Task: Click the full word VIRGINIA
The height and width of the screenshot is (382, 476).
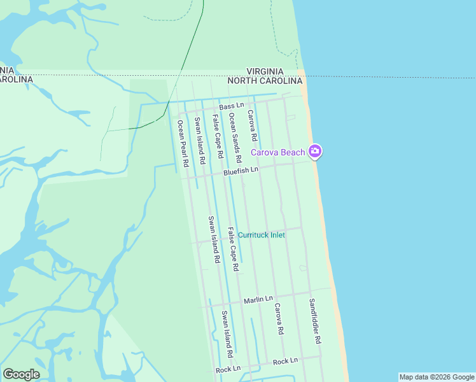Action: point(265,72)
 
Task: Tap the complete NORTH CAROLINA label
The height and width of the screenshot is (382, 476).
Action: point(265,81)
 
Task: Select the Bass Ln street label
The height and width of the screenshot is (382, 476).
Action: point(232,106)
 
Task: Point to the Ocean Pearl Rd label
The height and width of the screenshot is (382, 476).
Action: point(183,144)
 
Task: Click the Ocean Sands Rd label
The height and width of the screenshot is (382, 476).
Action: point(235,136)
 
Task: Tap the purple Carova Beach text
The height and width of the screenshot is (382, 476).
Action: point(278,152)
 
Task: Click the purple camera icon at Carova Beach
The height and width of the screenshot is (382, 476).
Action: point(314,152)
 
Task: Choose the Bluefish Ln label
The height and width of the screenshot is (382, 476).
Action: point(241,171)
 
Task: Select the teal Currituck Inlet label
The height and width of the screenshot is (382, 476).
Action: point(261,235)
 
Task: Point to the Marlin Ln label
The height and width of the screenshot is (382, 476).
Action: point(260,298)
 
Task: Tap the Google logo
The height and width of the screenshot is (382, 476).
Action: point(21,374)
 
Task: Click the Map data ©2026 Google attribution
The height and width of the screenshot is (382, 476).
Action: point(437,377)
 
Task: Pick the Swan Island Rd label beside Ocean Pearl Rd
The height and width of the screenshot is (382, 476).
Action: point(200,142)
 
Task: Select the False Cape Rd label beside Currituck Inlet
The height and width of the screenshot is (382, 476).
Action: point(233,250)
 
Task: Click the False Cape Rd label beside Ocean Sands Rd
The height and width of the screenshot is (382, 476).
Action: point(217,137)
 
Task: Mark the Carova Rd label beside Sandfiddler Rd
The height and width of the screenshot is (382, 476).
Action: point(278,319)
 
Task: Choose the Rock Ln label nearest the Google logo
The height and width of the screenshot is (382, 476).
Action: point(228,369)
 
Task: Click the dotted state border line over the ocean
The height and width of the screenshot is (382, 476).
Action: point(395,78)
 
